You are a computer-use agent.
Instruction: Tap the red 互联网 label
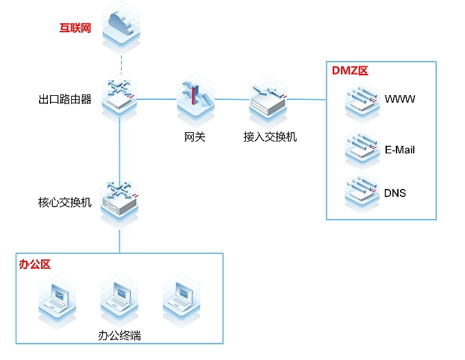(x=75, y=29)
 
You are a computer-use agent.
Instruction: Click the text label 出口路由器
(x=65, y=100)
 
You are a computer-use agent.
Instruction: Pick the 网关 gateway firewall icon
(x=195, y=99)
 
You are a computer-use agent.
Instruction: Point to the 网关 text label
(x=195, y=137)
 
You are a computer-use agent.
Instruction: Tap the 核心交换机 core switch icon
(x=120, y=199)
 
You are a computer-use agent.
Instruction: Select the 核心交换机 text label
(x=65, y=203)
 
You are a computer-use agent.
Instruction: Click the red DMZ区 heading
(x=351, y=70)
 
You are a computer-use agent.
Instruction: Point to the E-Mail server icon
(x=362, y=148)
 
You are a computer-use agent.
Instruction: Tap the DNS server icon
(x=362, y=192)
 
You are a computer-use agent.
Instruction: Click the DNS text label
(x=395, y=193)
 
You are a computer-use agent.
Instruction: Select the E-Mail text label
(x=400, y=149)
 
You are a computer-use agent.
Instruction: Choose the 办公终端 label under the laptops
(x=120, y=335)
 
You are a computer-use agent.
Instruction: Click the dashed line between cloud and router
(x=121, y=67)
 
